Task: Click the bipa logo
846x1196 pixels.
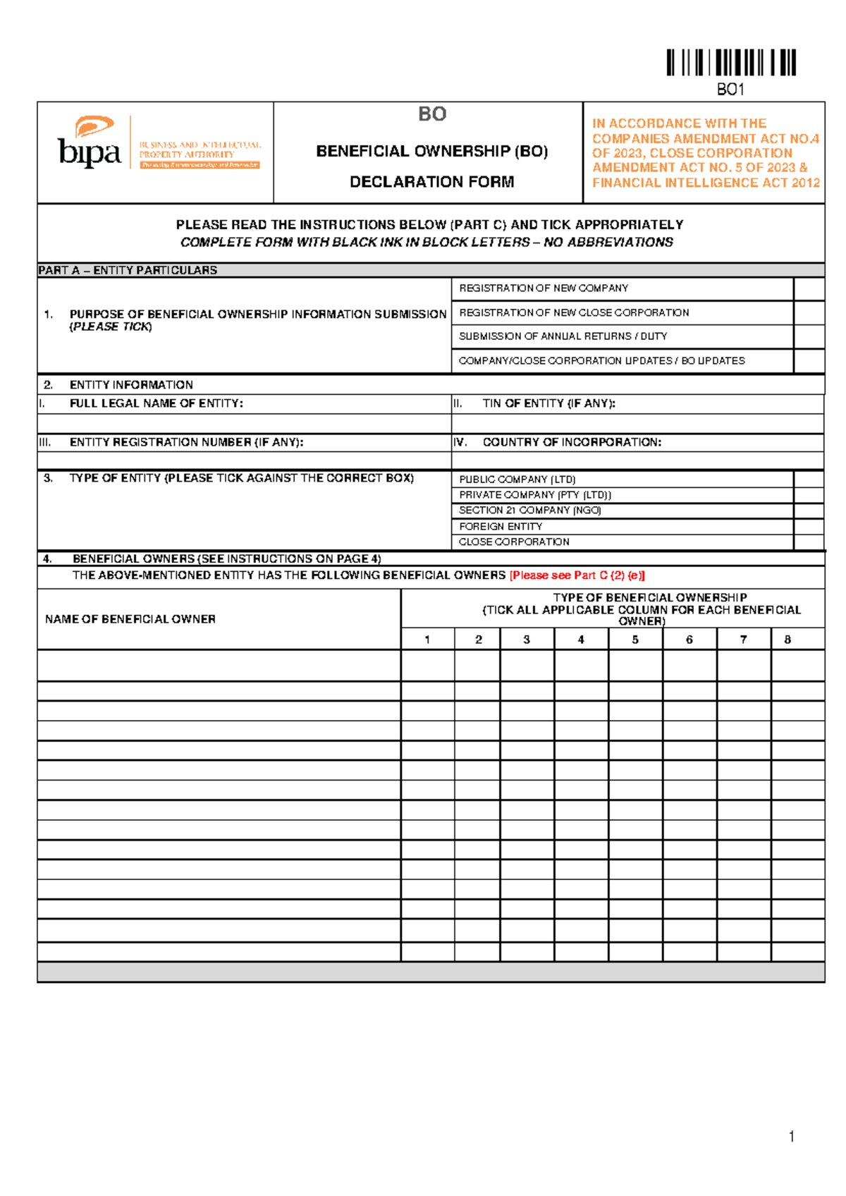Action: point(90,144)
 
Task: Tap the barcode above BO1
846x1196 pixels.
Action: point(731,63)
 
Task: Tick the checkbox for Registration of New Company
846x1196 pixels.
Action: point(809,289)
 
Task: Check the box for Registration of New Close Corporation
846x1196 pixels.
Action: point(809,313)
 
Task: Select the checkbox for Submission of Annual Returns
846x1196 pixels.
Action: point(809,337)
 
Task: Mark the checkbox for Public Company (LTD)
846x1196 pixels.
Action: point(809,480)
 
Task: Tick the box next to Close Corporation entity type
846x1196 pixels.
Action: point(809,542)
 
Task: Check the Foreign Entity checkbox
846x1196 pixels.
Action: point(809,527)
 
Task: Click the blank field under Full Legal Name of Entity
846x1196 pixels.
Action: point(244,423)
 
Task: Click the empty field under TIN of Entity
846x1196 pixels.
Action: point(637,423)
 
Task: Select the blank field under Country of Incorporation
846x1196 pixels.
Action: point(637,460)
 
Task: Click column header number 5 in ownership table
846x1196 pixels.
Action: point(635,640)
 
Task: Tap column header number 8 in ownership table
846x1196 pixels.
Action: point(787,640)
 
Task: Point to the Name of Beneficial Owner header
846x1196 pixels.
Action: point(130,619)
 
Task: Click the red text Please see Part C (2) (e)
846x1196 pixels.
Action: point(577,575)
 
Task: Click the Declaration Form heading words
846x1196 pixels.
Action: point(431,182)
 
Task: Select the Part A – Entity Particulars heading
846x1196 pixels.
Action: point(128,270)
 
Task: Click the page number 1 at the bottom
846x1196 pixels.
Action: point(791,1136)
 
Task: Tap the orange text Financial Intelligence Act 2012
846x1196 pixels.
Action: point(706,183)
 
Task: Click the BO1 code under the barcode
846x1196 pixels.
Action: point(730,90)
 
